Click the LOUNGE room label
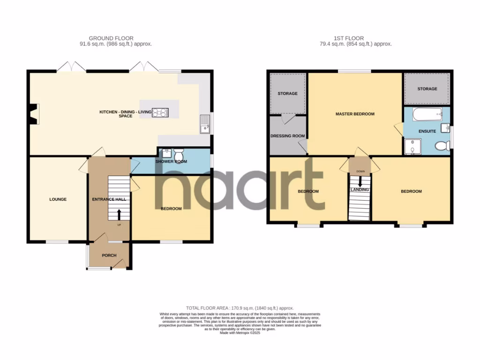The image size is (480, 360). [58, 199]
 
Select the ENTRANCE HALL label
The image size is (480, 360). [109, 199]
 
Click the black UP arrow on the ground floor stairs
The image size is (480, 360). [118, 214]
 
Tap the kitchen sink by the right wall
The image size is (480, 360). [204, 124]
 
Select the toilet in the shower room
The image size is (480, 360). [179, 155]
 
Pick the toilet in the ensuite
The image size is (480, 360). [441, 146]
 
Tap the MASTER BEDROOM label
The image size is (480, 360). [355, 114]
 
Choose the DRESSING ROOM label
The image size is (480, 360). [288, 136]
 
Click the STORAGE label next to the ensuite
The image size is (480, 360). [427, 89]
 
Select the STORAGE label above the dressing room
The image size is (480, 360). [287, 93]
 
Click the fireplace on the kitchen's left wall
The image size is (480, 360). [34, 114]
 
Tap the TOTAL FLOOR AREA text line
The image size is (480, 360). [240, 308]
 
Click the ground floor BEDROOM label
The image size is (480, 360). [171, 209]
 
